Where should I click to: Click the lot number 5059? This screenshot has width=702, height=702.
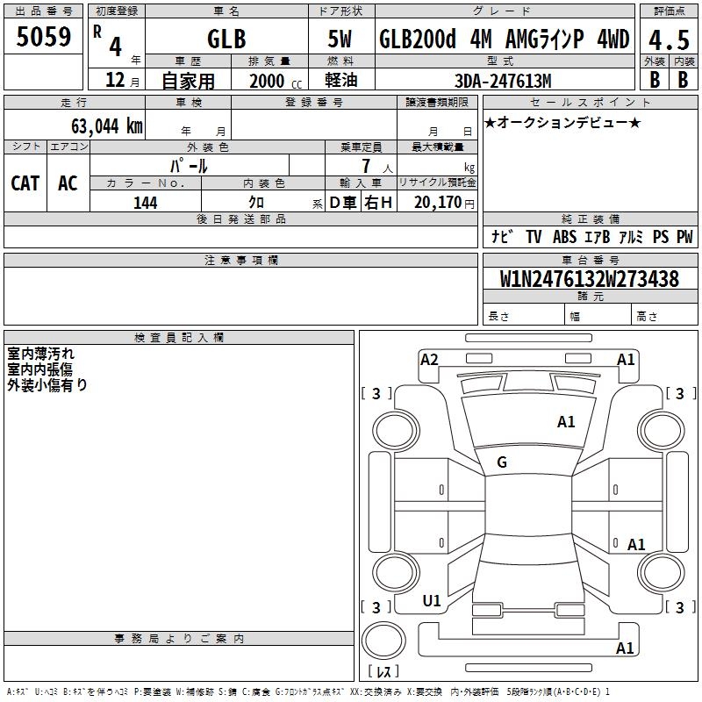43,37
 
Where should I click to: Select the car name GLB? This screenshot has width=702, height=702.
226,39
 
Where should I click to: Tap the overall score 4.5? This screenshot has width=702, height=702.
669,40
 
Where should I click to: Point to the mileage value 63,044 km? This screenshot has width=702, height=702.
107,125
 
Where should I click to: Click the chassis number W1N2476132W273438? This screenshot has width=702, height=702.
590,279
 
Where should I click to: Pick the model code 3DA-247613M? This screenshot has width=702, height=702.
503,81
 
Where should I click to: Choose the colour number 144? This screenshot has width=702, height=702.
146,203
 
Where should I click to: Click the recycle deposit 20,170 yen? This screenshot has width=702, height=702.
444,203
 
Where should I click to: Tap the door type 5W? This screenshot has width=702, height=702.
340,39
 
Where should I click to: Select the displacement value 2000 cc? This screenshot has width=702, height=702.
276,81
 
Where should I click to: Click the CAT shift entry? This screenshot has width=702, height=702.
25,183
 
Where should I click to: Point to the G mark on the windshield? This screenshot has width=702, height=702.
502,462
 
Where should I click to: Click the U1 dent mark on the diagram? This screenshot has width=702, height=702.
432,601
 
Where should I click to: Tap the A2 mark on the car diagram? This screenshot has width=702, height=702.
429,360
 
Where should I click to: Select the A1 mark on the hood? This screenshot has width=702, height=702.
566,422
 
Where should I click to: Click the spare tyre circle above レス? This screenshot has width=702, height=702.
383,641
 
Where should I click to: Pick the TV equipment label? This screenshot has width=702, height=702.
534,236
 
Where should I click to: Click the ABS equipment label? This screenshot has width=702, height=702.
564,236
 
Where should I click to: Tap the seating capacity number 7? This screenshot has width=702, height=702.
366,166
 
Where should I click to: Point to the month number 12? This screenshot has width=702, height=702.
115,80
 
